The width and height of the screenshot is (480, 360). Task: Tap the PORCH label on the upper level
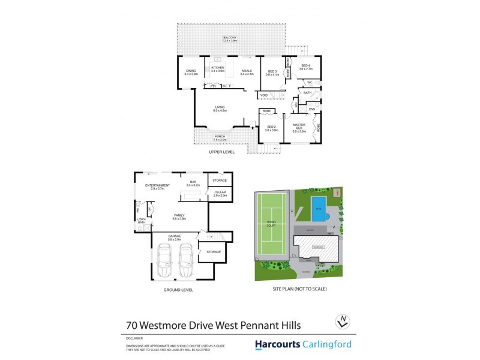point(220,137)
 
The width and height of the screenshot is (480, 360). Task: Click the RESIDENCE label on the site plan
point(319,245)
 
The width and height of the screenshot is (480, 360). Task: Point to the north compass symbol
point(342,322)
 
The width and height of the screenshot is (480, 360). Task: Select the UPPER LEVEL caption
point(221,152)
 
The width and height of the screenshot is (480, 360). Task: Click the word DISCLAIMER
point(136,338)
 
